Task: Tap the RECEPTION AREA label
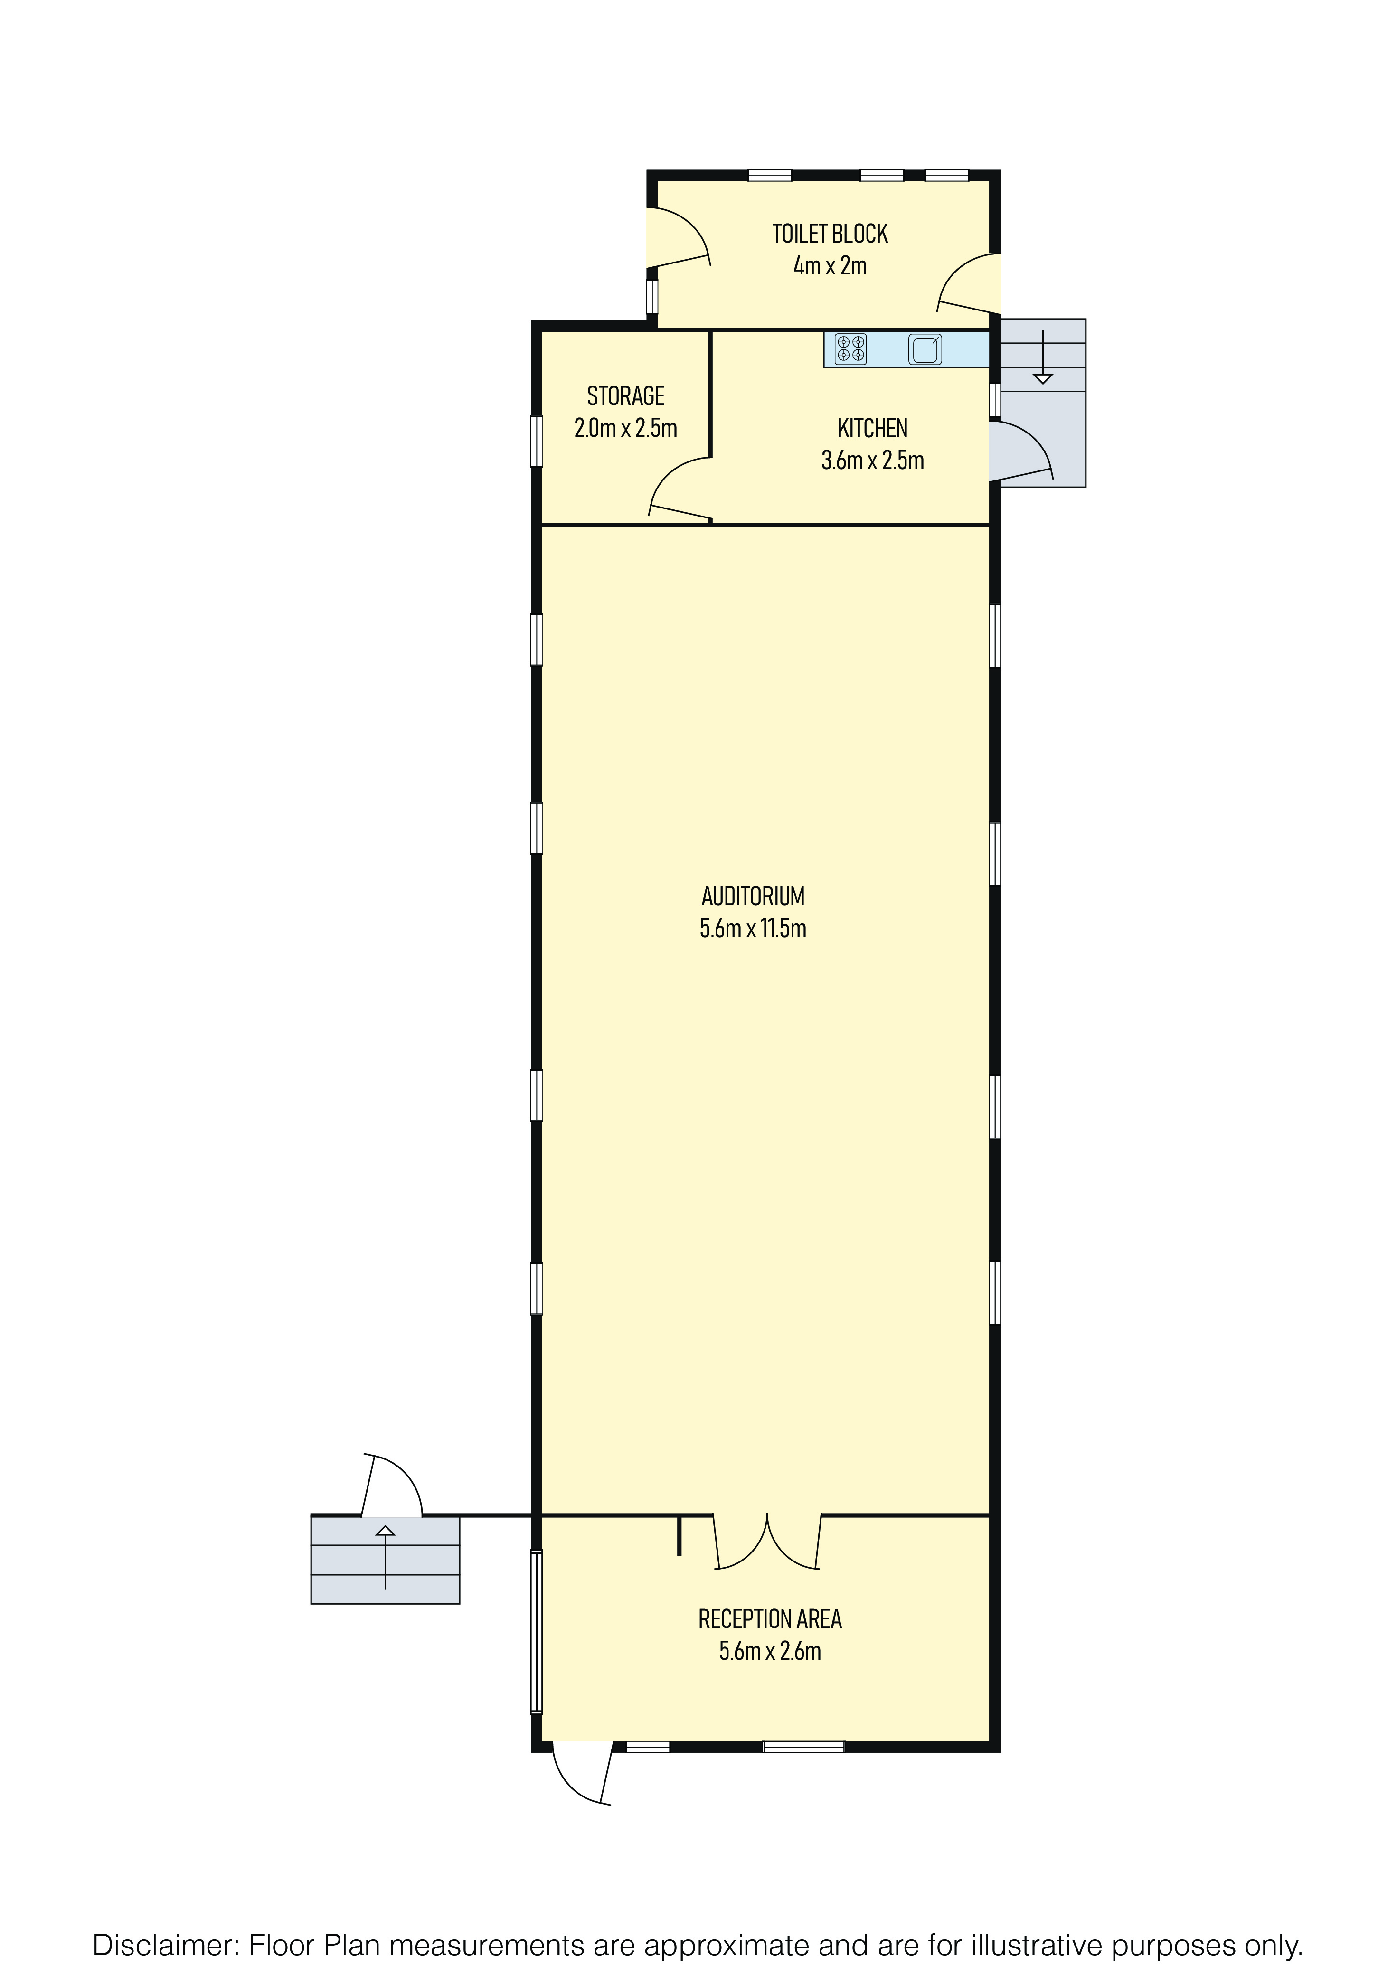[x=770, y=1620]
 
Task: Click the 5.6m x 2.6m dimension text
[x=770, y=1652]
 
